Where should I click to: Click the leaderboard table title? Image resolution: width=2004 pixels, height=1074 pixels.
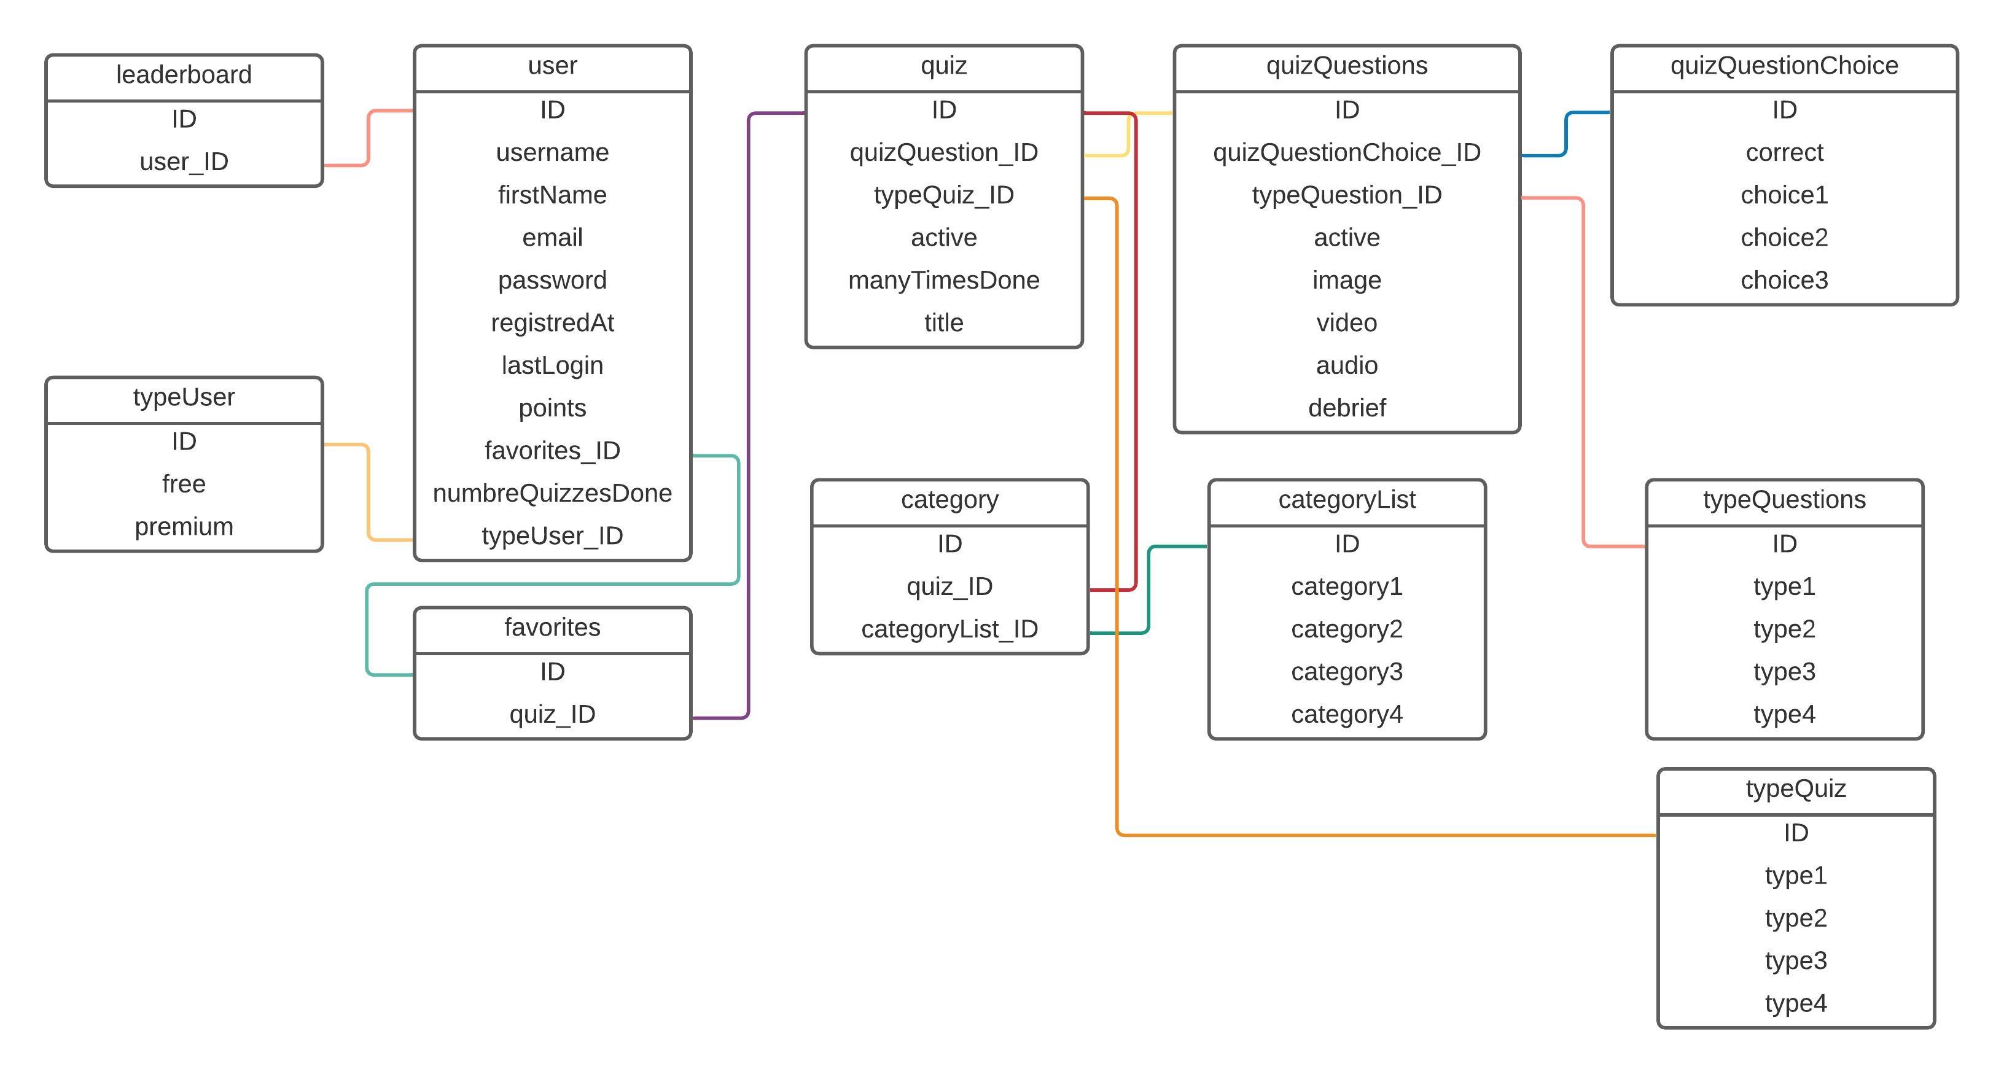click(x=184, y=75)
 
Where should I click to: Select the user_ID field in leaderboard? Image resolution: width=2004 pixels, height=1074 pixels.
click(x=184, y=161)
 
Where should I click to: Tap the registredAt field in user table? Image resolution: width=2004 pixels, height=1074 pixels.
click(x=552, y=323)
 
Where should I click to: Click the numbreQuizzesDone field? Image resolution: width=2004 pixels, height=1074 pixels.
click(x=552, y=493)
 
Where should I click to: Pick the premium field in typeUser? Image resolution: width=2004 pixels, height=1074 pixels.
click(x=184, y=526)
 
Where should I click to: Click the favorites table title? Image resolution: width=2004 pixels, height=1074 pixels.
click(x=552, y=627)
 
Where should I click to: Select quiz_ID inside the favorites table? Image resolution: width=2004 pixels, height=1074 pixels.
click(x=552, y=714)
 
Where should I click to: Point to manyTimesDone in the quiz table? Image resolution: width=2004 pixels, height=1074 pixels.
click(x=943, y=280)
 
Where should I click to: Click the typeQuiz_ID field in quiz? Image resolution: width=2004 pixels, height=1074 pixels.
click(x=943, y=195)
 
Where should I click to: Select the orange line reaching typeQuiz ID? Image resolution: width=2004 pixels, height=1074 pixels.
click(x=1385, y=835)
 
